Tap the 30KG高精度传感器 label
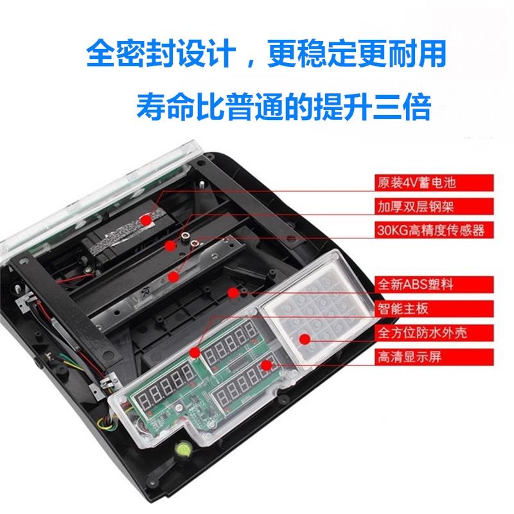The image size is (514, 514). (429, 229)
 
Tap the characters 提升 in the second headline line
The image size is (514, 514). (341, 106)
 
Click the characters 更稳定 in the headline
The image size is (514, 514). (305, 53)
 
